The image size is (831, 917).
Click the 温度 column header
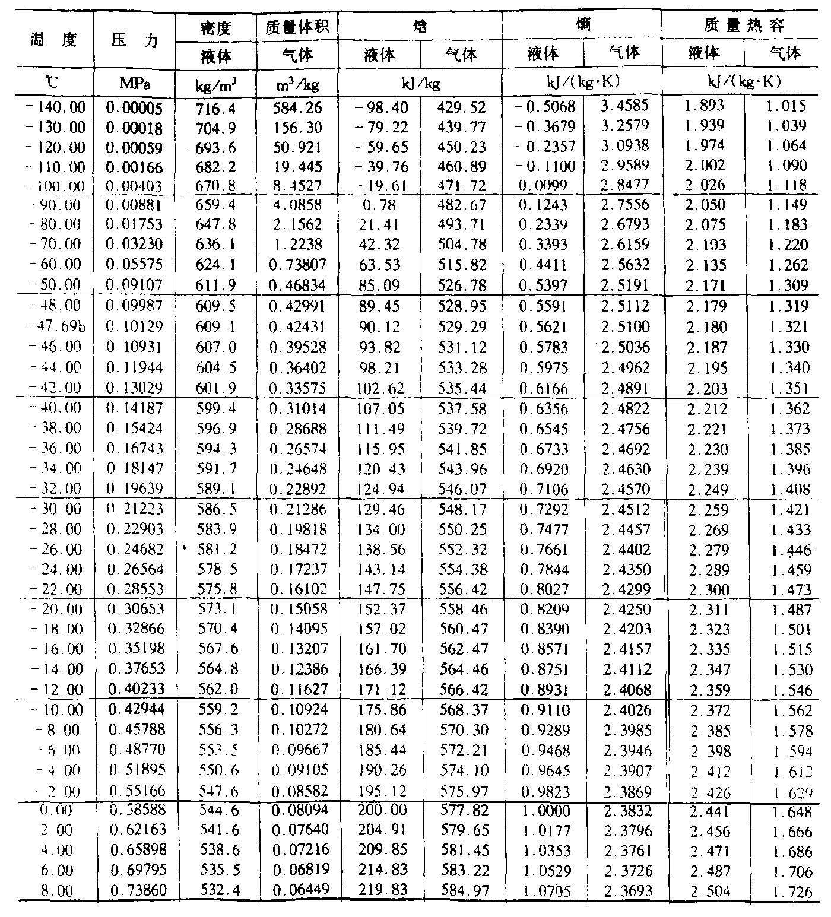point(54,40)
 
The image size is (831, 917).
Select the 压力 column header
point(134,40)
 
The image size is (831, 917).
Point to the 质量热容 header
point(744,26)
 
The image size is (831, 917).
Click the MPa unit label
point(134,84)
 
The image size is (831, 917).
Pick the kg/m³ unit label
point(216,85)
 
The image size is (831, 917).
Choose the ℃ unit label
point(53,84)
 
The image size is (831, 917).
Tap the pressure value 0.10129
point(134,326)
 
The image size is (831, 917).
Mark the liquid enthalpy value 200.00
point(380,811)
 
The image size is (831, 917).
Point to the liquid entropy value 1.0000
point(544,811)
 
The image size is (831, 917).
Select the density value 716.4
point(216,107)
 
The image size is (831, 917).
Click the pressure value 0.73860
point(134,890)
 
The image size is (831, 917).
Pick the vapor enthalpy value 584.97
point(462,890)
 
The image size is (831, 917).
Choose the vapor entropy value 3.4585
point(624,106)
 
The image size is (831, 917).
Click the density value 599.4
point(216,408)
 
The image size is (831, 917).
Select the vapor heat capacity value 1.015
point(785,106)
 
